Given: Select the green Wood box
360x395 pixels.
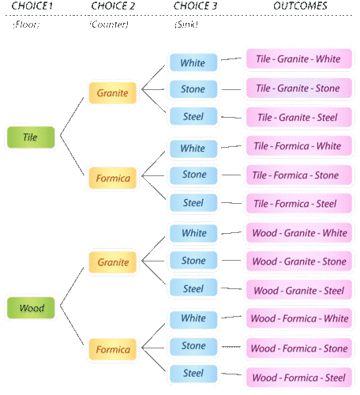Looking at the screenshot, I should (x=31, y=307).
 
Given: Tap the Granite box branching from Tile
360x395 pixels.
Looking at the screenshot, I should (x=113, y=93).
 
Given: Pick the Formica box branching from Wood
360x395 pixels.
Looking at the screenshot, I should (x=113, y=349).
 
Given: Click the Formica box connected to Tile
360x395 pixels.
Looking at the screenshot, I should (x=113, y=178).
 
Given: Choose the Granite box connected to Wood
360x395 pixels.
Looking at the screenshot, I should (x=113, y=261).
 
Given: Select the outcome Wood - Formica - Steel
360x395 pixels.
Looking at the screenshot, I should (x=298, y=378).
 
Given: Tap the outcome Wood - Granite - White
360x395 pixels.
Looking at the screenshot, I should (x=298, y=233).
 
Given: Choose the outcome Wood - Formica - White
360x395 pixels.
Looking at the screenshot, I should (x=298, y=319).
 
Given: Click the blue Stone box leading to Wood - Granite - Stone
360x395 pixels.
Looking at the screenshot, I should (x=193, y=261).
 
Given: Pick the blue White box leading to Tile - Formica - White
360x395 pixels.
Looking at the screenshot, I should (x=193, y=148).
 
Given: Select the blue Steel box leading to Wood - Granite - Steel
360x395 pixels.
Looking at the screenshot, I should (x=193, y=289).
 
